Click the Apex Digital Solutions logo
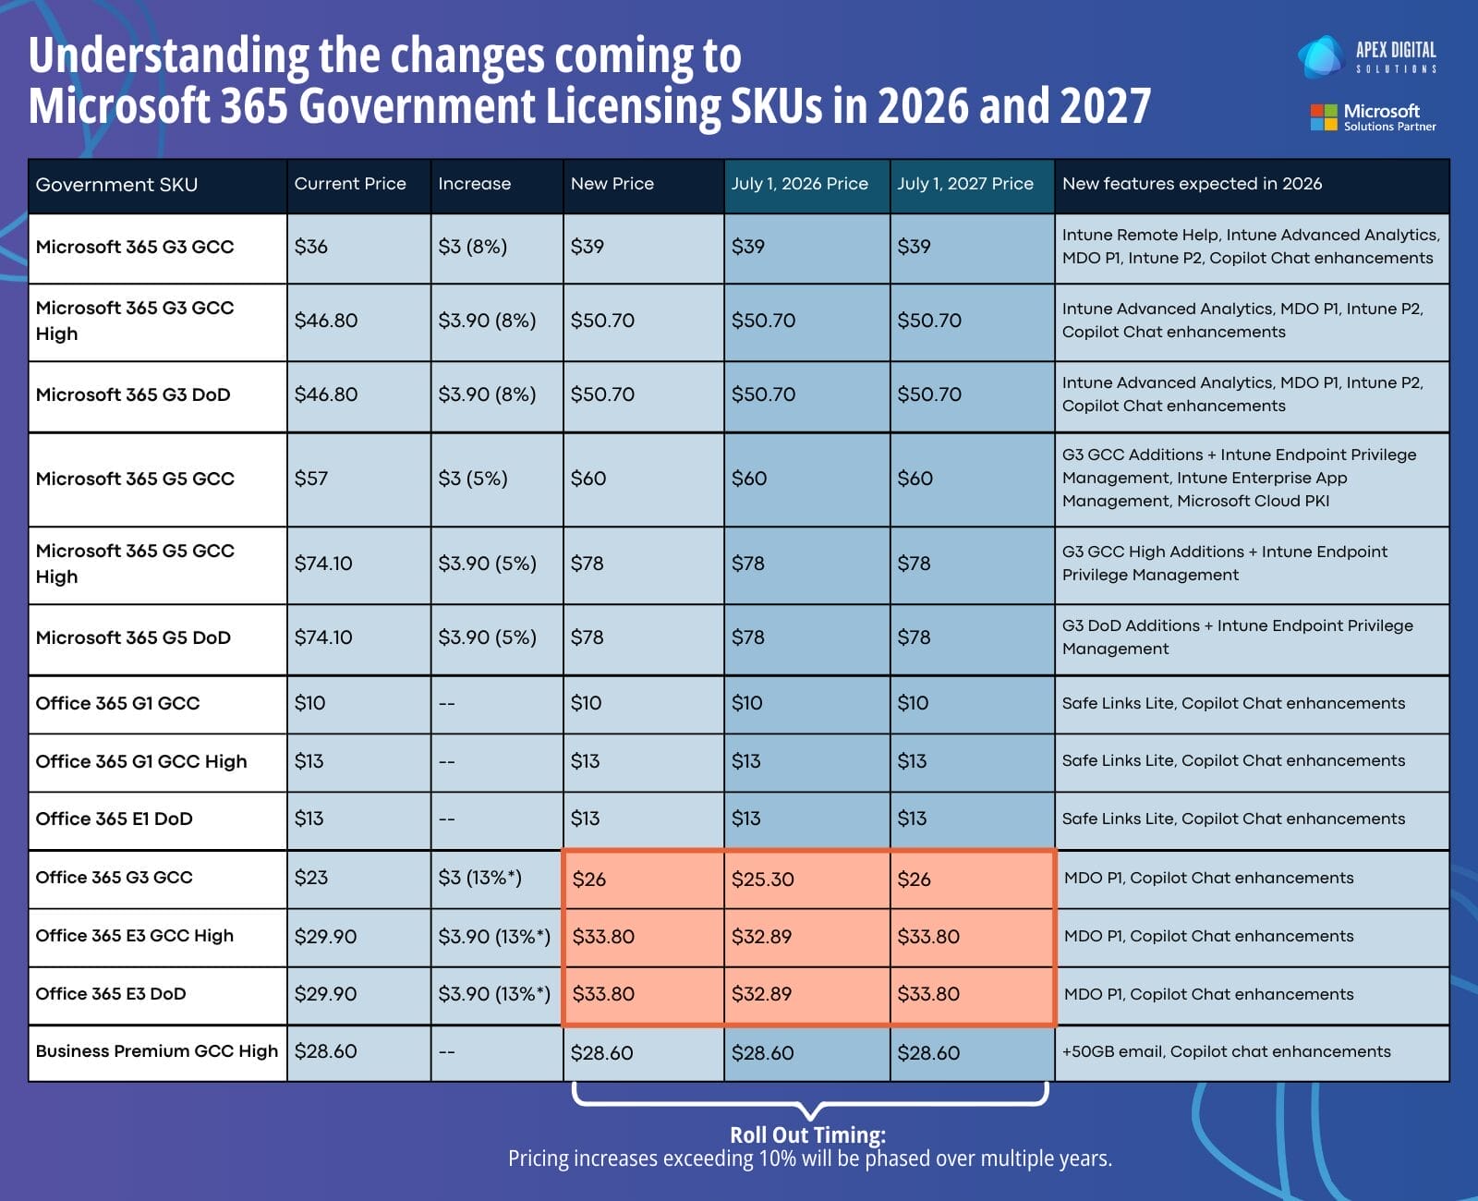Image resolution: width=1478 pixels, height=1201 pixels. click(x=1367, y=56)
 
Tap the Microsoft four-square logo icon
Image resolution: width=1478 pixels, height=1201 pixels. click(x=1323, y=117)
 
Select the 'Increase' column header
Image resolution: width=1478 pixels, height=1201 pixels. click(x=474, y=184)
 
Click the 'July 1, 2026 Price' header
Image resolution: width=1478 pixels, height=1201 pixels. click(x=799, y=184)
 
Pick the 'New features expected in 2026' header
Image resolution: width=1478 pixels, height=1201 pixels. click(x=1192, y=184)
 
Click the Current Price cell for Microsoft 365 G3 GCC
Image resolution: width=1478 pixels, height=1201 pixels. click(x=311, y=247)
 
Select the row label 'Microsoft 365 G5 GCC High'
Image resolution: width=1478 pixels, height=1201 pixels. click(x=135, y=564)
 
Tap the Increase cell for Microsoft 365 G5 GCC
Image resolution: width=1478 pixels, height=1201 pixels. click(x=472, y=479)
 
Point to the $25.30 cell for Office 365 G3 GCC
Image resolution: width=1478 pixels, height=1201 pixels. click(x=762, y=879)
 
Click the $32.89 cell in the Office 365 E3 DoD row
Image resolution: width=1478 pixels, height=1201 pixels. click(x=761, y=994)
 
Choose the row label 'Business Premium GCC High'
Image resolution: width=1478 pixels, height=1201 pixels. click(x=156, y=1051)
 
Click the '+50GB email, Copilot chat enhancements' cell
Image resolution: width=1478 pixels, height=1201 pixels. click(x=1226, y=1051)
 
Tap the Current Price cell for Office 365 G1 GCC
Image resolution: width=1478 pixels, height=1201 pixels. click(x=309, y=703)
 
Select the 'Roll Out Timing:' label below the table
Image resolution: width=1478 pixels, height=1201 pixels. click(x=807, y=1134)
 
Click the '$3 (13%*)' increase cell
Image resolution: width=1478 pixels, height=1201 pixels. click(x=479, y=878)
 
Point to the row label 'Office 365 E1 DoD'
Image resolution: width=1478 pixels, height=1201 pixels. click(x=114, y=819)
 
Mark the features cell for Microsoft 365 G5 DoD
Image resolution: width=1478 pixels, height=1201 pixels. click(x=1237, y=637)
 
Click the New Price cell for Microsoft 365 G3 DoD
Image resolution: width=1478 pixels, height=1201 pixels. click(x=602, y=394)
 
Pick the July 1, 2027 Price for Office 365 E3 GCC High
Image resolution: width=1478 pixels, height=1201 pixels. click(x=927, y=937)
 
